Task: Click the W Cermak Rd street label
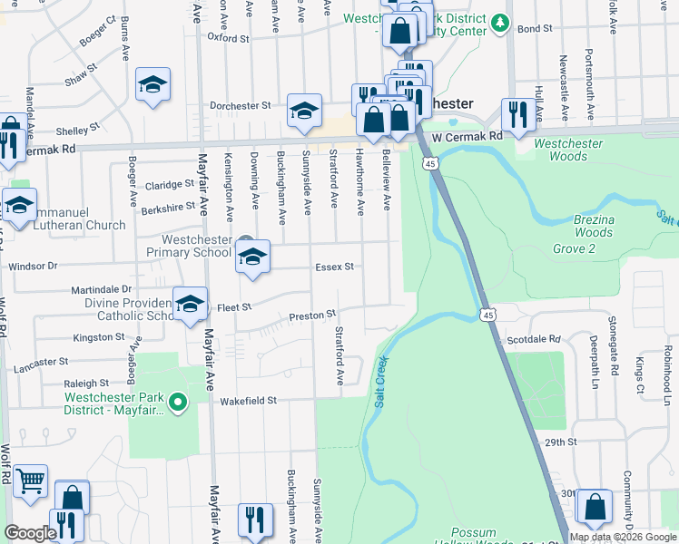point(467,137)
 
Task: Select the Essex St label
point(334,267)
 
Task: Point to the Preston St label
point(307,316)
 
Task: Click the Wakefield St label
point(245,400)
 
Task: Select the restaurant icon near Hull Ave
point(517,114)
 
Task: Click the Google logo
point(31,533)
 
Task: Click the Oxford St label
point(228,38)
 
